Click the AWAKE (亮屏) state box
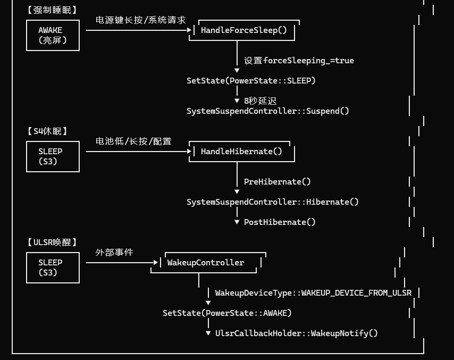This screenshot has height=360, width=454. click(53, 35)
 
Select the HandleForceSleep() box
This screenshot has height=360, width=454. click(243, 30)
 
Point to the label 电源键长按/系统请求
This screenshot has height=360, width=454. click(140, 20)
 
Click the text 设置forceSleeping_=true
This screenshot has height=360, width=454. click(299, 61)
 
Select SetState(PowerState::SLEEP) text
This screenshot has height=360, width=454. click(251, 81)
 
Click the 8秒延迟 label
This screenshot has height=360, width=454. click(260, 101)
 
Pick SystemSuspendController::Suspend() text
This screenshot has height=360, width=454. click(268, 111)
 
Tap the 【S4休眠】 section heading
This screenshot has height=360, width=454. click(47, 131)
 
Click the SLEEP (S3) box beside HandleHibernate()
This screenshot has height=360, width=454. click(53, 156)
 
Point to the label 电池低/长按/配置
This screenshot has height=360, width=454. click(133, 141)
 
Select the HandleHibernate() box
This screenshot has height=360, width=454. click(241, 152)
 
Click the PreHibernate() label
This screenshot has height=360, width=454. click(277, 182)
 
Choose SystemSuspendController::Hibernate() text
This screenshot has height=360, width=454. click(273, 202)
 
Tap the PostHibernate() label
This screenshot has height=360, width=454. click(280, 222)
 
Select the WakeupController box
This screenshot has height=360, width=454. click(206, 263)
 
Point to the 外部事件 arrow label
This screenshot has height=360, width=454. click(114, 252)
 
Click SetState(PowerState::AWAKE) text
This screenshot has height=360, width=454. click(227, 313)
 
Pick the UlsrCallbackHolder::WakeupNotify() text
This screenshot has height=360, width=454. click(296, 333)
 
